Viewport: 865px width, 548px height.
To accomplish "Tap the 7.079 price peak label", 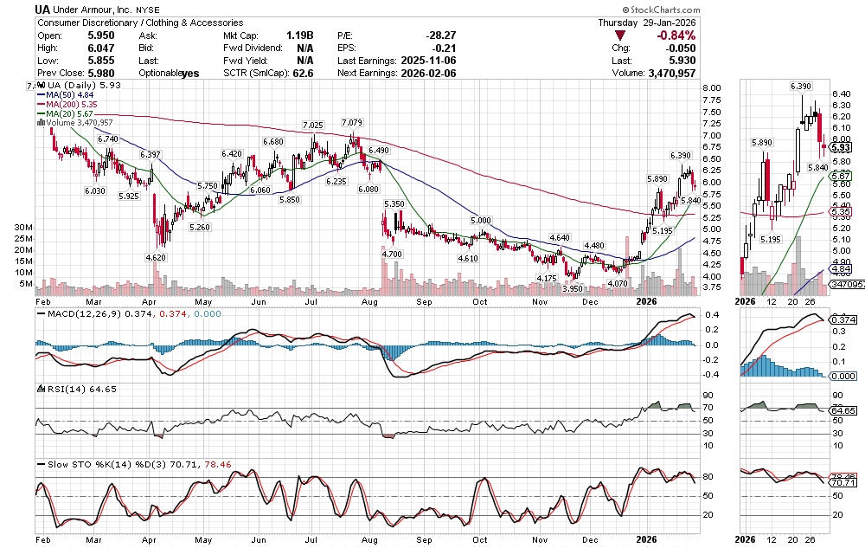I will point(351,122).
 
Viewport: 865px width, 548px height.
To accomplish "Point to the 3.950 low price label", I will point(573,288).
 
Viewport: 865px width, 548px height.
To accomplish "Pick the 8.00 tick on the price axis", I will point(712,88).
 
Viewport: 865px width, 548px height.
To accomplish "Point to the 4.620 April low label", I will point(156,257).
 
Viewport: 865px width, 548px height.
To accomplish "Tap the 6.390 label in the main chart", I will point(680,155).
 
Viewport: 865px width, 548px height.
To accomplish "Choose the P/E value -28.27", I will point(440,35).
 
